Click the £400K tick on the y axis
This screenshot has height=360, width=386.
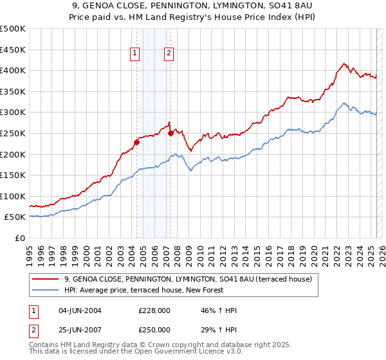[14, 70]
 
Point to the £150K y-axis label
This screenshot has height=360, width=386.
[14, 175]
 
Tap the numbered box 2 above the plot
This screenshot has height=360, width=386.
[169, 54]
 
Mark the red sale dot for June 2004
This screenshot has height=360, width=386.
[136, 142]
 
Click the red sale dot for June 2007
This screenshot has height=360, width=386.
[171, 133]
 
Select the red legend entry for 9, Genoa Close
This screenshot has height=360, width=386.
[188, 279]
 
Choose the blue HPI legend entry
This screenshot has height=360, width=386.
[143, 291]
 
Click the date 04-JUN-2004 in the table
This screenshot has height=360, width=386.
[80, 310]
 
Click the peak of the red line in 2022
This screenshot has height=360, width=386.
[345, 63]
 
